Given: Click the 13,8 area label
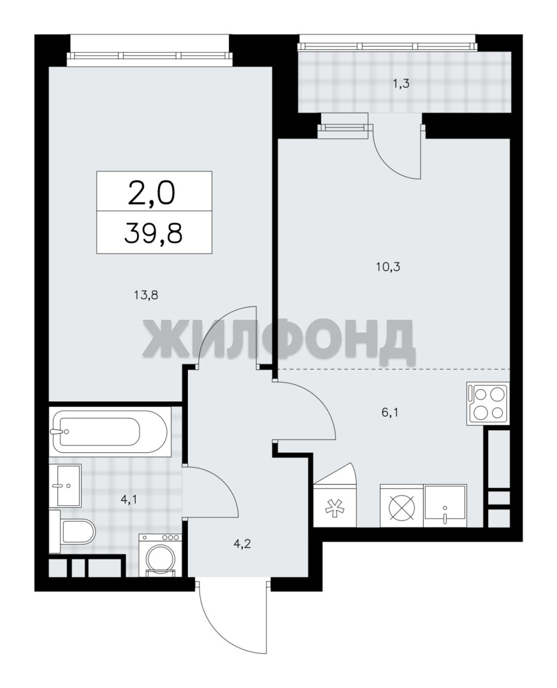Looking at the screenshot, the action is coord(146,295).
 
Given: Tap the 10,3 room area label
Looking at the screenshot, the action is coord(388,266).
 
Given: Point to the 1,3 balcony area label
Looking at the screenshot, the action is coord(401,83).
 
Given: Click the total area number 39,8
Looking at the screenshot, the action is coord(154,233).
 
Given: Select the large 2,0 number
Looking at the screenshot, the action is coord(152,194).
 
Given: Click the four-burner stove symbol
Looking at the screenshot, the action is coord(488,404).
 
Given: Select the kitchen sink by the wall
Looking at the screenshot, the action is coord(445,505).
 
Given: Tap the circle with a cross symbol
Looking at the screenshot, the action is coord(401,505).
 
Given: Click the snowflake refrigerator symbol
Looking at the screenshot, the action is coord(335,505).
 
